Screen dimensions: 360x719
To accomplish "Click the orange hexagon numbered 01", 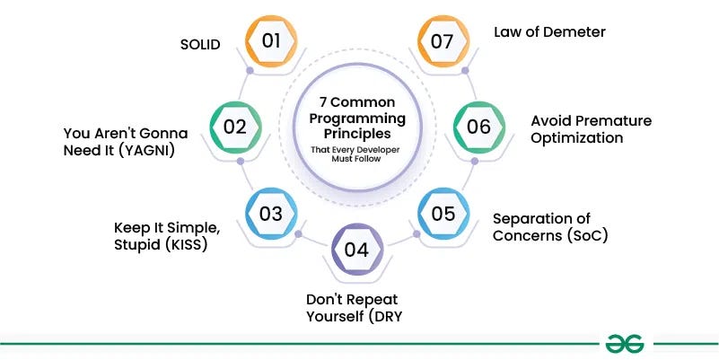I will pos(271,40).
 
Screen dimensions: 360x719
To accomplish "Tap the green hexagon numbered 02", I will pos(235,127).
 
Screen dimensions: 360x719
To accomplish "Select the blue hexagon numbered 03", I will pos(271,214).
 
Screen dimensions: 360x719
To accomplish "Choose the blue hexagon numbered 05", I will pos(444,214).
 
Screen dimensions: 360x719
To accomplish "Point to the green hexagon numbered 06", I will pos(479,127).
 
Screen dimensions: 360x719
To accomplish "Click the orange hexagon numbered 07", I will pos(444,40).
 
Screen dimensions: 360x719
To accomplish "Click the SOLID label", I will pos(199,45).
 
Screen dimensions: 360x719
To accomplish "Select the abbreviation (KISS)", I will pos(185,243).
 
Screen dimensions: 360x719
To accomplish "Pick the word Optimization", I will pos(576,138).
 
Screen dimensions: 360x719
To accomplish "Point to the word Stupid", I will pos(136,243).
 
